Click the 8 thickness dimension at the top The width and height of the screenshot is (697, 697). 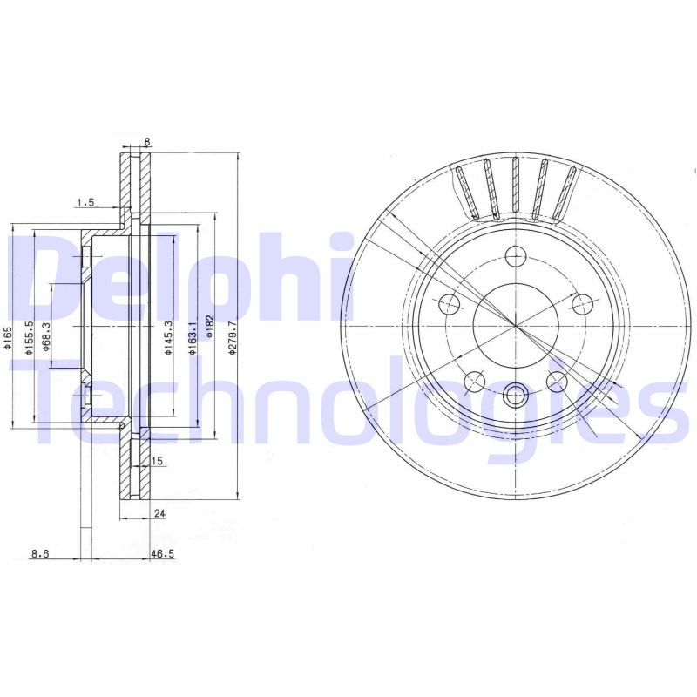click(x=147, y=141)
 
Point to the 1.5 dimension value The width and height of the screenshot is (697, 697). click(x=85, y=202)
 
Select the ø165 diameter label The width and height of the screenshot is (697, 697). click(x=8, y=338)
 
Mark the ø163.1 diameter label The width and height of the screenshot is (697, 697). click(x=192, y=336)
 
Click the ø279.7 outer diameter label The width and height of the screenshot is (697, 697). click(x=232, y=337)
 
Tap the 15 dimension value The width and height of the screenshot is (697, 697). click(x=158, y=461)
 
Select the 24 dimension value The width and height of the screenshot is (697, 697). click(x=159, y=514)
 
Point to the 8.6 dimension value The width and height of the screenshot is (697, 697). click(x=39, y=552)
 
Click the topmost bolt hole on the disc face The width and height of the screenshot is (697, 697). click(x=516, y=257)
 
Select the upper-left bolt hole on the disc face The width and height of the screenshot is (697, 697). click(x=450, y=304)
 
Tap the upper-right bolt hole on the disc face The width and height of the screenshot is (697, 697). click(x=582, y=304)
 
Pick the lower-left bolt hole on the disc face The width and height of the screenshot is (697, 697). click(x=475, y=381)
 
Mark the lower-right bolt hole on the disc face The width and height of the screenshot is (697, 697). click(x=557, y=381)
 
